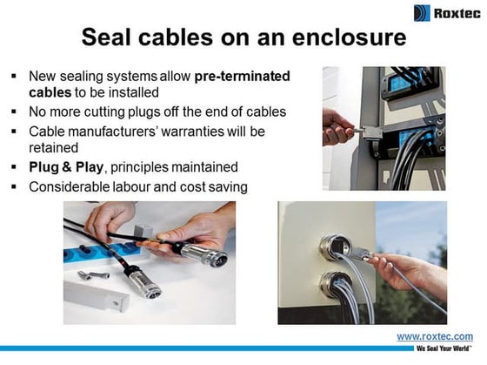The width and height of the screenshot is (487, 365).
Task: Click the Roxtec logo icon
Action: pos(422,13)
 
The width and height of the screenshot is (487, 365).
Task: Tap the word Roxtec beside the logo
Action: pos(456,13)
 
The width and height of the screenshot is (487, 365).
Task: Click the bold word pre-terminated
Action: pos(242,76)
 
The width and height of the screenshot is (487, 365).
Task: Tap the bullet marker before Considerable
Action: pos(14,186)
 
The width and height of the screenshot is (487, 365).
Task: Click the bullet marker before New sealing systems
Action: pos(14,76)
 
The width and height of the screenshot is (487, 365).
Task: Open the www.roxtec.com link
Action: pos(434,336)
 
